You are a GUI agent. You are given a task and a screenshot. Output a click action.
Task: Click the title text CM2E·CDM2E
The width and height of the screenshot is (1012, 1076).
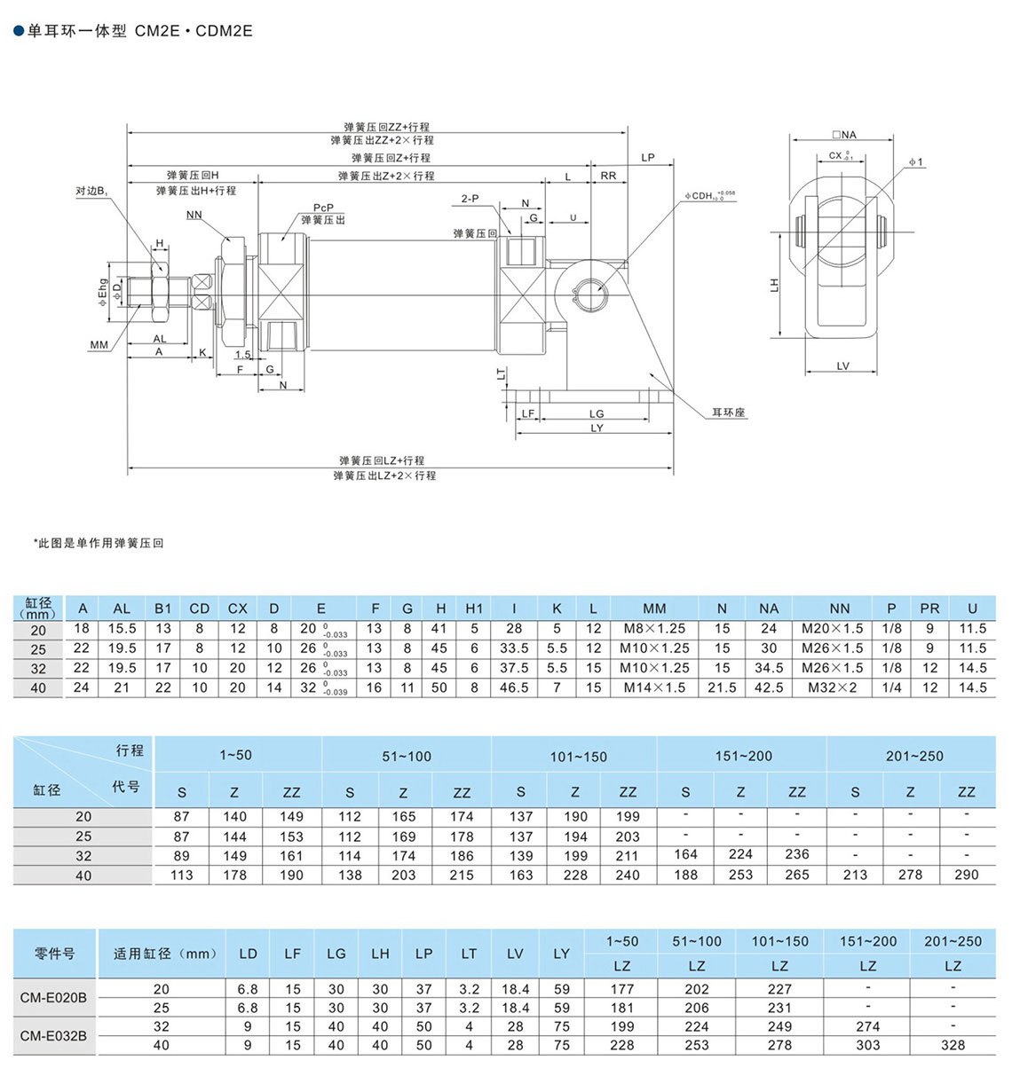[194, 31]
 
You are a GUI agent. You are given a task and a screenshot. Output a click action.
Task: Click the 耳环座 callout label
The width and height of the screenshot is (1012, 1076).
[728, 412]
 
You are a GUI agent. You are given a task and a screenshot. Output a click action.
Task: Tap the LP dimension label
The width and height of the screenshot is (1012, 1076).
[648, 158]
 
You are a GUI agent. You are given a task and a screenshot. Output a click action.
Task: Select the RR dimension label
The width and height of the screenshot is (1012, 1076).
[608, 176]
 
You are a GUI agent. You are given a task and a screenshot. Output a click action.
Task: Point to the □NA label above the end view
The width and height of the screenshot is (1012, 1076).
[844, 135]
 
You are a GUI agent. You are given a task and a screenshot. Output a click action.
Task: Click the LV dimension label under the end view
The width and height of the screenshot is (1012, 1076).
[842, 365]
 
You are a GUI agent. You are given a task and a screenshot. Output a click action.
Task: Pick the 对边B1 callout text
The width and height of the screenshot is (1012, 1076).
[91, 191]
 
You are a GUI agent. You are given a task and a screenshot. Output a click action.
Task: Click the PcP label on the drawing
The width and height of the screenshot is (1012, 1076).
[323, 208]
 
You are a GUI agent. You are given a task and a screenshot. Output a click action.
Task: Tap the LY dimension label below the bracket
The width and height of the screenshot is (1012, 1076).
[597, 428]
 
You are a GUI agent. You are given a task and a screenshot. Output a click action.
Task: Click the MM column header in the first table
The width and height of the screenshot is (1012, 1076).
[654, 609]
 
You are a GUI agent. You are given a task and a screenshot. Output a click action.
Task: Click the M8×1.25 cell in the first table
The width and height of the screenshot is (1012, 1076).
[654, 629]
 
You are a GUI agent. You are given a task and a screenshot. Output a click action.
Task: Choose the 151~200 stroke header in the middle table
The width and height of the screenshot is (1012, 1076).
[743, 756]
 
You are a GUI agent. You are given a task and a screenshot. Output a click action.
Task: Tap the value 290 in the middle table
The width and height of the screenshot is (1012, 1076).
[966, 875]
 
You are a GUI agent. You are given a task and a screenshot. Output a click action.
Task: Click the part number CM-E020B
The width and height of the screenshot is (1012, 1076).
[54, 998]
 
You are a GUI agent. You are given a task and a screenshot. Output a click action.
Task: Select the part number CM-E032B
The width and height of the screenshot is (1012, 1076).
[54, 1035]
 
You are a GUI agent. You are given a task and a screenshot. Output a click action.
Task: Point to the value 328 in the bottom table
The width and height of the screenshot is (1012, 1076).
[953, 1045]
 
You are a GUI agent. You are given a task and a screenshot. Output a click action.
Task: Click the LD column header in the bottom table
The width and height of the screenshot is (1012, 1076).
[248, 954]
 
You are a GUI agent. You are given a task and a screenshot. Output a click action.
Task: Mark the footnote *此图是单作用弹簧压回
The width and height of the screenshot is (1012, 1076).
[99, 543]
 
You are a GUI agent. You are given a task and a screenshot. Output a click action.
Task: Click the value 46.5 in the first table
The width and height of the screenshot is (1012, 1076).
[514, 687]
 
